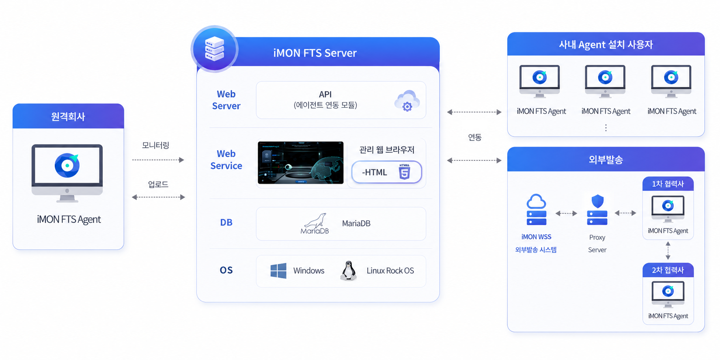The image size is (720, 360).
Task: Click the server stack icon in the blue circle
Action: [214, 49]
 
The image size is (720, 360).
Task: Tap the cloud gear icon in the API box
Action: [407, 101]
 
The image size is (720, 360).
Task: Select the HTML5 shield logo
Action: [404, 172]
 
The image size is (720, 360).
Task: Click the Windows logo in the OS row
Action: [278, 271]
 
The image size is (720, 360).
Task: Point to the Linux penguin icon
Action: [348, 271]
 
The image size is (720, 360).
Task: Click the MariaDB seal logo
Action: [315, 224]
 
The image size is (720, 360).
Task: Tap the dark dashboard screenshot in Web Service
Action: [301, 163]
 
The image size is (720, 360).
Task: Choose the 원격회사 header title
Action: [68, 117]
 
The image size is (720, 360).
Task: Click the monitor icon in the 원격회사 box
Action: [67, 173]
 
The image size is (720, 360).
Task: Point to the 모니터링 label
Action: [155, 145]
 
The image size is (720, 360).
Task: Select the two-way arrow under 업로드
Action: [158, 197]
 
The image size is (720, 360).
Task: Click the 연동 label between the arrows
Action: [475, 137]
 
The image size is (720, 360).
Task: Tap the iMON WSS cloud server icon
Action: [536, 209]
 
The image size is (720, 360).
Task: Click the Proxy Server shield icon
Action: [597, 209]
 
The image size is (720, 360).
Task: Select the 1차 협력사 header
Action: [668, 184]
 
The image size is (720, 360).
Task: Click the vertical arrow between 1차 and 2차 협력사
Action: [668, 250]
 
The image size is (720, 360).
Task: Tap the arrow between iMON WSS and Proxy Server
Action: [566, 213]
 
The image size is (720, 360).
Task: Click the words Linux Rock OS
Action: [390, 271]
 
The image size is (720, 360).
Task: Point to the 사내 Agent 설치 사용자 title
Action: [606, 45]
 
